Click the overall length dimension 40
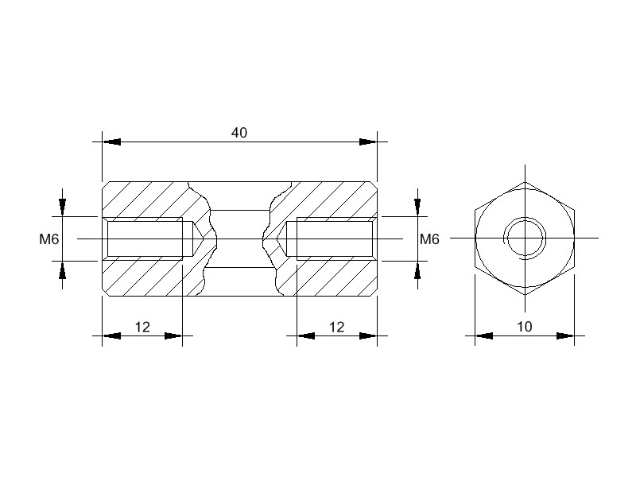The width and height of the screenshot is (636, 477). (239, 133)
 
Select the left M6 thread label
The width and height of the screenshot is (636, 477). (49, 239)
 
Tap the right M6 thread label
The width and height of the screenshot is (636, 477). (429, 239)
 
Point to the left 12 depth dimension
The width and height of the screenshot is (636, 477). (142, 327)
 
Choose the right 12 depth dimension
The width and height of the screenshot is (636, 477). (336, 327)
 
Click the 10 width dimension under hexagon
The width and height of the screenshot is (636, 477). (525, 327)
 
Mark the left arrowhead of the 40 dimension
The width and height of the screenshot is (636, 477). (111, 142)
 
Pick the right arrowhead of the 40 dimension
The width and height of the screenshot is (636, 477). (368, 142)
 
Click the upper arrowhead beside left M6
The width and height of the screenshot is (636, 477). (63, 207)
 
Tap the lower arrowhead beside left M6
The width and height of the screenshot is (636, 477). (63, 270)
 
